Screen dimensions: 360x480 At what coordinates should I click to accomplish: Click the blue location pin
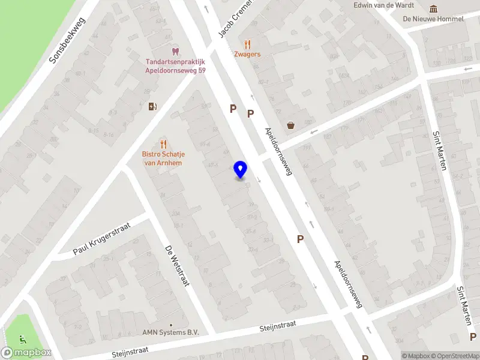click(x=240, y=170)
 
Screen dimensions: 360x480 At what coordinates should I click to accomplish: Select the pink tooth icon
click(x=175, y=52)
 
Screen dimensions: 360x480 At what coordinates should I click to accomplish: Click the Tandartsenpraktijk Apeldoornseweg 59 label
click(x=175, y=65)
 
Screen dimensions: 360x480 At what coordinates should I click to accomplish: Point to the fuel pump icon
click(x=153, y=107)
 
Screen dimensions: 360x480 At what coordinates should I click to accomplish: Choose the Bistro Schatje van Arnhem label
click(x=163, y=158)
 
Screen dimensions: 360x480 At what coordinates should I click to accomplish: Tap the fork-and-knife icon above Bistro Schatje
click(x=163, y=144)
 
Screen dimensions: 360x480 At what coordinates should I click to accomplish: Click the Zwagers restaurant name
click(x=247, y=54)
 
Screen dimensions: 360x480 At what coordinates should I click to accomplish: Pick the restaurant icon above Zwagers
click(x=247, y=44)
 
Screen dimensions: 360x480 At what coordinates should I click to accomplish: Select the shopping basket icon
click(x=292, y=125)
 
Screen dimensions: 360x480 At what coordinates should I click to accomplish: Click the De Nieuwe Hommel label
click(x=433, y=19)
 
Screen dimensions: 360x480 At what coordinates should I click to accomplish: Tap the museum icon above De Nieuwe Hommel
click(x=433, y=8)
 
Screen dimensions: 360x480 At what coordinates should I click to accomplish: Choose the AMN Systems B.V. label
click(x=170, y=332)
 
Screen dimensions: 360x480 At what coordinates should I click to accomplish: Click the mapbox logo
click(x=26, y=353)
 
